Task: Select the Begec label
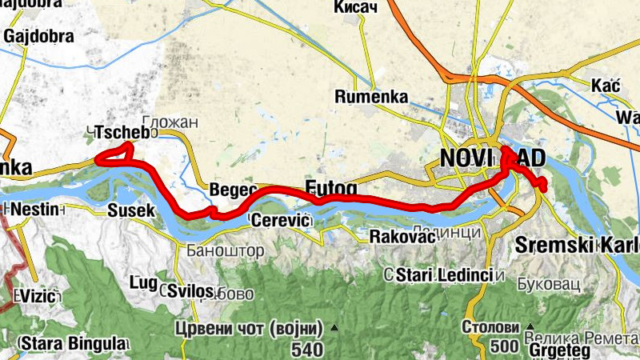233,190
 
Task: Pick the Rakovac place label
401,237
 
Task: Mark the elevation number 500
504,347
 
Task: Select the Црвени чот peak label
249,329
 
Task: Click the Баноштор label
226,250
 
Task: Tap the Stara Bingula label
70,344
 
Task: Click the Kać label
606,86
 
